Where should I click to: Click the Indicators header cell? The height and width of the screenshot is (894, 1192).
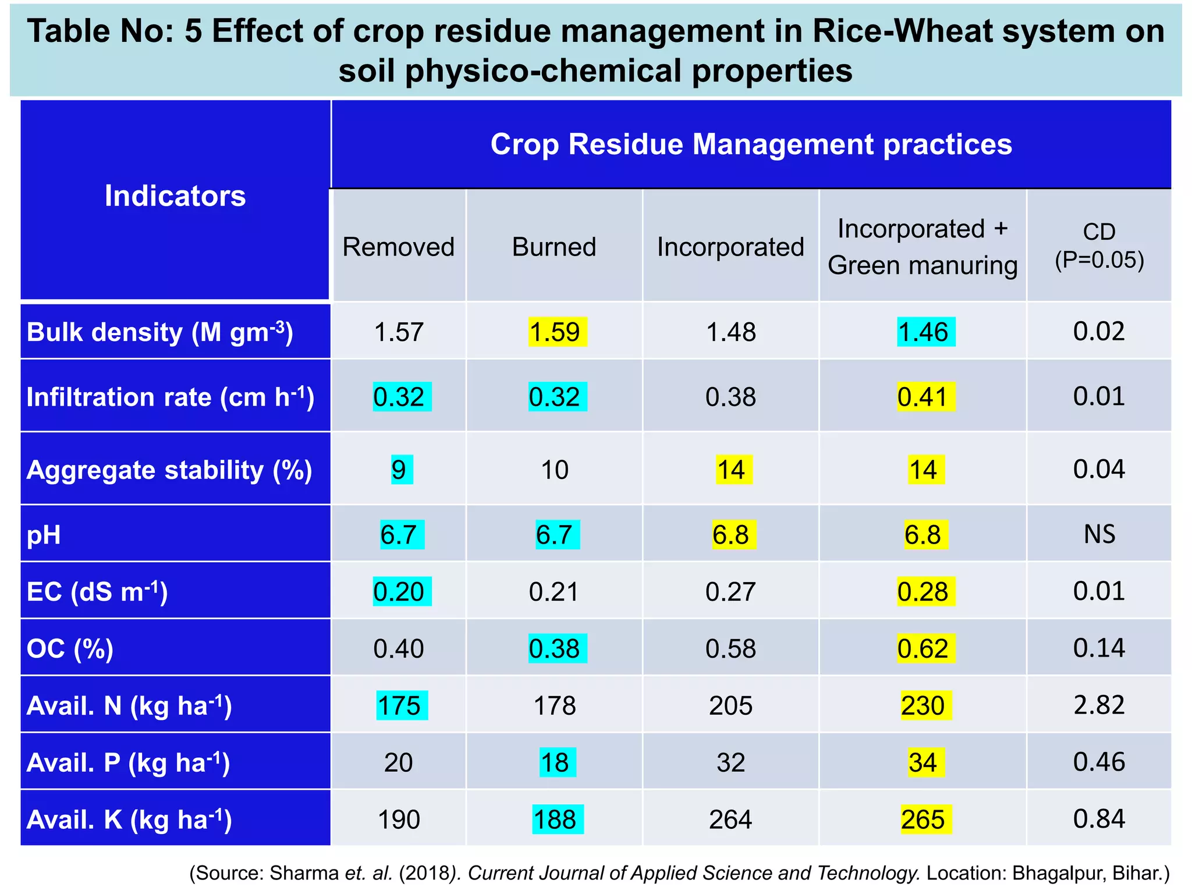175,196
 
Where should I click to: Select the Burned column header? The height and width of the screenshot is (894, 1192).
554,247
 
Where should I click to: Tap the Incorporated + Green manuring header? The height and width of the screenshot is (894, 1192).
923,247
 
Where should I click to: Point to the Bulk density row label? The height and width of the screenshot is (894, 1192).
160,332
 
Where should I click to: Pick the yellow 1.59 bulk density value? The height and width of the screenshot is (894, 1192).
557,332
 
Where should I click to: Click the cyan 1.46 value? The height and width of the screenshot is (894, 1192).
925,332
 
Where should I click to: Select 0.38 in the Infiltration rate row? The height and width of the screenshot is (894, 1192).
730,397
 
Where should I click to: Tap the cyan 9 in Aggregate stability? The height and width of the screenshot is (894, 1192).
400,470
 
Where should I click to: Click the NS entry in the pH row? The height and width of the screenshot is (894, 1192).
1099,534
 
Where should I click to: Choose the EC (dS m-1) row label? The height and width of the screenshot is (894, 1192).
97,591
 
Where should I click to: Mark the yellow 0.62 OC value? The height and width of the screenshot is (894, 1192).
925,648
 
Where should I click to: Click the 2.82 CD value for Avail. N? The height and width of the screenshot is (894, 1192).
1099,705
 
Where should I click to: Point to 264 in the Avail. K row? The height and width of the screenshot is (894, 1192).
730,819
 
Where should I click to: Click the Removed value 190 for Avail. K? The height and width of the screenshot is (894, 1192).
399,819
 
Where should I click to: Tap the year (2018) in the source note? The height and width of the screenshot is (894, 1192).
427,873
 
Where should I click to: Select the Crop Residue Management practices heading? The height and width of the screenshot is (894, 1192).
751,144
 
